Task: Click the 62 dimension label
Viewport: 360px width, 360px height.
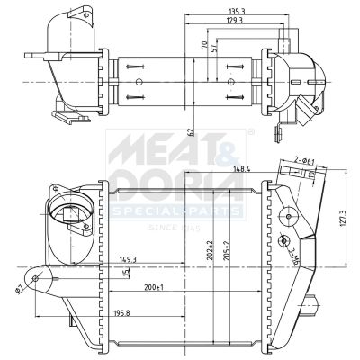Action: point(192,132)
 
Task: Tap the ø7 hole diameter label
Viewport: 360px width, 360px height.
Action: point(19,289)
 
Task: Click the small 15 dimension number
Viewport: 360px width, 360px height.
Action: point(126,273)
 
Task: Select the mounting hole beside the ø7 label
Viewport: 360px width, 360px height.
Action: point(35,279)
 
